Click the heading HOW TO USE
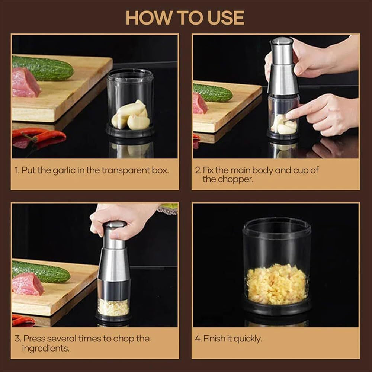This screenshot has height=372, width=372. (x=185, y=17)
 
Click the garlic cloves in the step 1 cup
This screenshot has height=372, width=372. (x=131, y=116)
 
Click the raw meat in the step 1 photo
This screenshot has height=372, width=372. (x=25, y=83)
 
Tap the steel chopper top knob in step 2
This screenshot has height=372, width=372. (x=282, y=48)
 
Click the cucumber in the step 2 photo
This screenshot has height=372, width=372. (x=213, y=93)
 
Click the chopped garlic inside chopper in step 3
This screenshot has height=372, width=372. (x=113, y=307)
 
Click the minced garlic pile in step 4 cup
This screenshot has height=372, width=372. (x=276, y=284)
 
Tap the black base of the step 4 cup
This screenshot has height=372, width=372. (x=277, y=308)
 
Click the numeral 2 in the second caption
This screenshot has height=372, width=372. (x=198, y=170)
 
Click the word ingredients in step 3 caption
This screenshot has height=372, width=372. (x=45, y=349)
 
